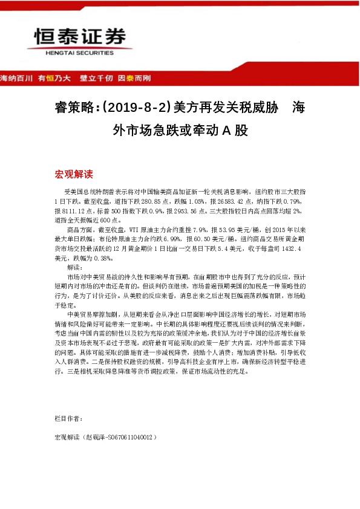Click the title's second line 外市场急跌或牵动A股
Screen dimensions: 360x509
pos(180,130)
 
